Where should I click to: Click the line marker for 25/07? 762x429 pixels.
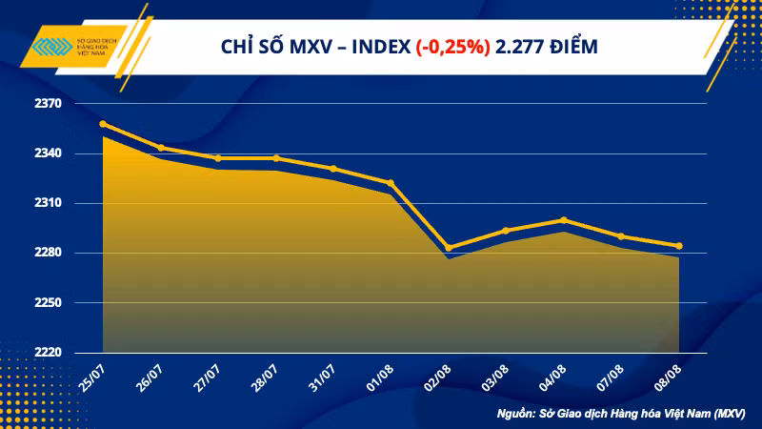(x=103, y=124)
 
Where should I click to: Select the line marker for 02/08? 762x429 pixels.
(x=449, y=248)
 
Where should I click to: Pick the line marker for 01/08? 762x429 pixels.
(x=391, y=183)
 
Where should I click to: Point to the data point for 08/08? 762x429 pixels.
(x=678, y=246)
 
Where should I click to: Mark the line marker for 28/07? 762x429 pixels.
(x=276, y=158)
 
